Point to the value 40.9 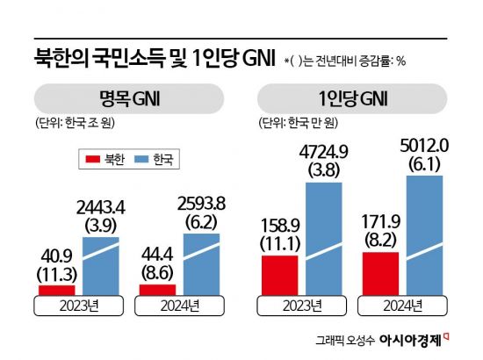(x=57, y=256)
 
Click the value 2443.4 (x=105, y=208)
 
